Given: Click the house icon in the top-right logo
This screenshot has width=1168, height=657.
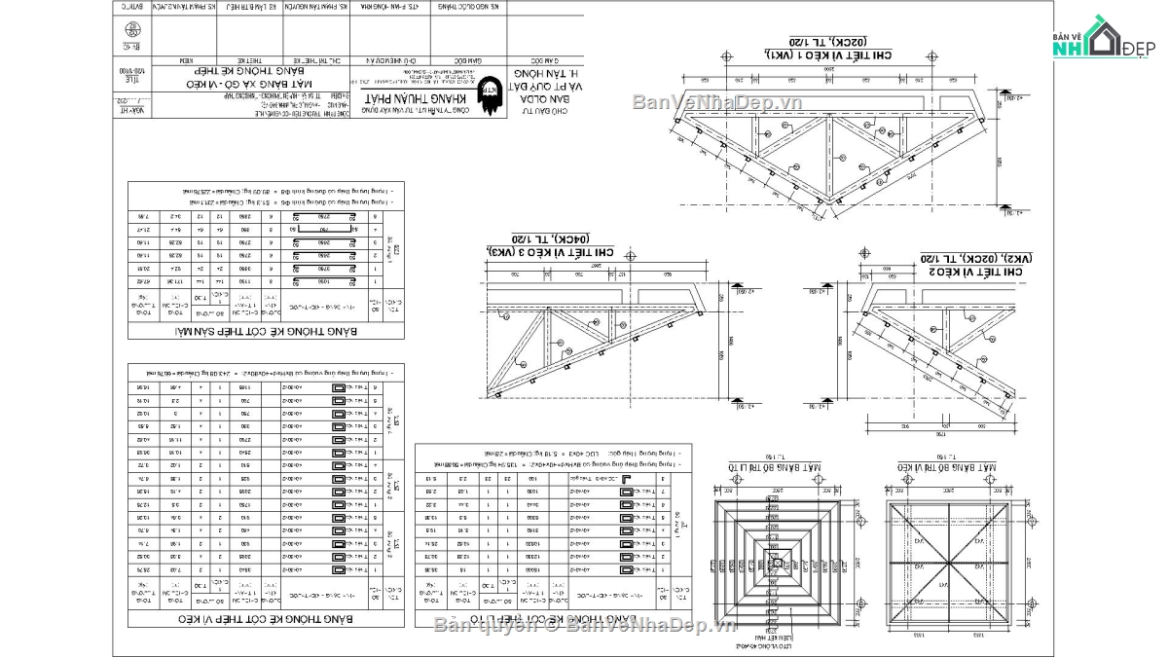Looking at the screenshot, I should (1104, 36).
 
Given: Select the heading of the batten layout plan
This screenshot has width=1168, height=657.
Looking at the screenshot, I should (776, 468).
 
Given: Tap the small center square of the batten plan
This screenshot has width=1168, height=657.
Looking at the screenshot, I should (776, 559).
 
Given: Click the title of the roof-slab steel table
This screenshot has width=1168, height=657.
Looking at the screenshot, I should (266, 332).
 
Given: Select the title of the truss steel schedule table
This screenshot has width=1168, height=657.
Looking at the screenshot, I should (266, 618).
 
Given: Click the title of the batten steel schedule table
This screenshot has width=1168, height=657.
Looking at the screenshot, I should (553, 618).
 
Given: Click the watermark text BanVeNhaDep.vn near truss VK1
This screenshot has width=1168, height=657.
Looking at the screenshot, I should (716, 102).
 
